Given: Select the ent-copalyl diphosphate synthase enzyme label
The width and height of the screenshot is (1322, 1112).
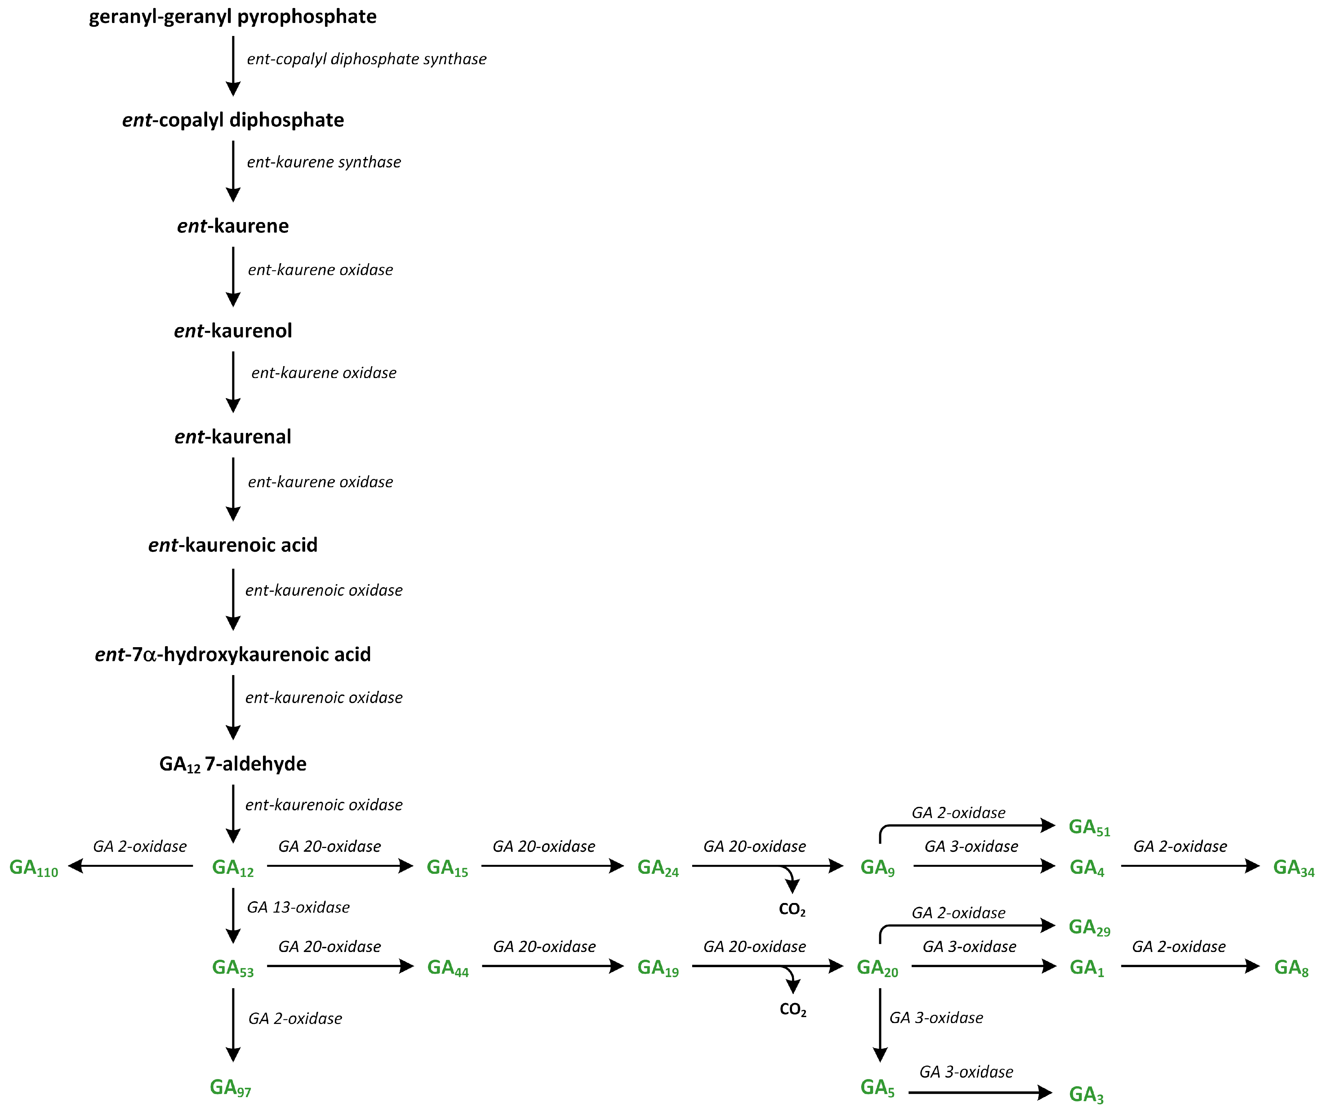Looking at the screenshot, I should [x=366, y=59].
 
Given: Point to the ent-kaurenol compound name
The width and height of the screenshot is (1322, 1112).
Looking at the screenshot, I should [x=233, y=331].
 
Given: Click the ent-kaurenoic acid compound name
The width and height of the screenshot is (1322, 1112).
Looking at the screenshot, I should [x=233, y=545].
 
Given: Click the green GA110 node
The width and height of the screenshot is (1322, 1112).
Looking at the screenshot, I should [x=34, y=868].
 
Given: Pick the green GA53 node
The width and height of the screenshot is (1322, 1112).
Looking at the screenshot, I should [x=233, y=968].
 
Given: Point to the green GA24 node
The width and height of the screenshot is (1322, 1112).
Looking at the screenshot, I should [x=657, y=868].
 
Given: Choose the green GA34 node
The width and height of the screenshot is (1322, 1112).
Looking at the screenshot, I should [x=1293, y=868].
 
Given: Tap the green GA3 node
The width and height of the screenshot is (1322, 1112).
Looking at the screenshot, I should [x=1086, y=1095].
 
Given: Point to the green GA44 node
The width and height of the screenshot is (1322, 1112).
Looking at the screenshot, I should [x=447, y=968].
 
